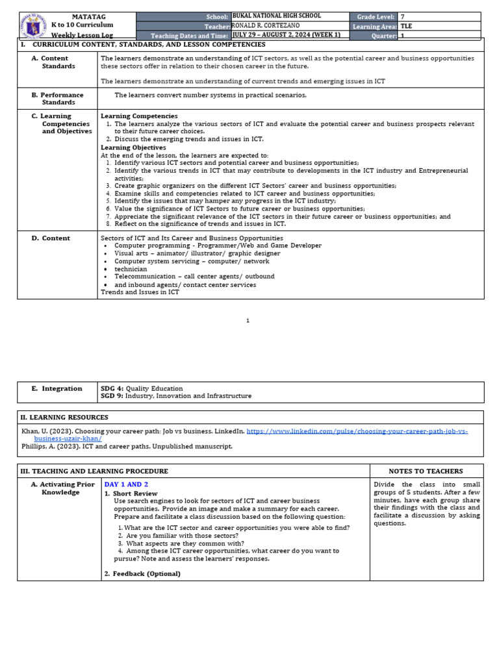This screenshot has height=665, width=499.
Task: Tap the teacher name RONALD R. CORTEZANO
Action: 266,26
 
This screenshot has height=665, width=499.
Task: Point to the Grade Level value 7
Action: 403,17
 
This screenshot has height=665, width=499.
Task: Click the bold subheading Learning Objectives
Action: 133,147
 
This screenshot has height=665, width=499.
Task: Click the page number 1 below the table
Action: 248,320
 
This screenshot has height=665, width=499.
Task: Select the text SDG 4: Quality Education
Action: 142,388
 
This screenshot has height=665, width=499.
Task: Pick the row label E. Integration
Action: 57,388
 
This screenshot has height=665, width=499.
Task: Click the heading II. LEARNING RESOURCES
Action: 64,418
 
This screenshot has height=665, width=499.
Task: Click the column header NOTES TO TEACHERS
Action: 426,471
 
